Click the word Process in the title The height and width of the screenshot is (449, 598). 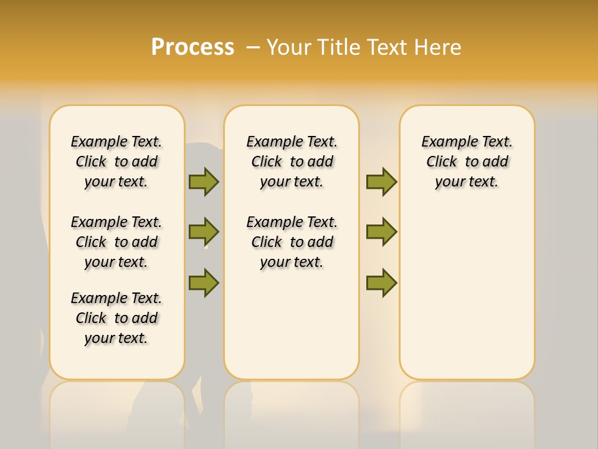click(192, 47)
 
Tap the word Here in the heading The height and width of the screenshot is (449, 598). click(439, 47)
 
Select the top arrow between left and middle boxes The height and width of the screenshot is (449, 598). click(204, 181)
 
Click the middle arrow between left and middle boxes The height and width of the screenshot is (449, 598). click(204, 232)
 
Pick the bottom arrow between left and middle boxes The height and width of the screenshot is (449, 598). click(204, 282)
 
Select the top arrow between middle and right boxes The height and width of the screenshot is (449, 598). click(381, 181)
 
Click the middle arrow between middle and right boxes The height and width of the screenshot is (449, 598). click(381, 232)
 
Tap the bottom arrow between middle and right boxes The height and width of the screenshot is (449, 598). click(381, 282)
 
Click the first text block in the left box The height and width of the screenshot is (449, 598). click(116, 162)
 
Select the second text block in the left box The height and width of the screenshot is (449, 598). click(116, 242)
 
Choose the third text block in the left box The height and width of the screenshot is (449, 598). click(116, 318)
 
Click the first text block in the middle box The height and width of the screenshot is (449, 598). click(292, 162)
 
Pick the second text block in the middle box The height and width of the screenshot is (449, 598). click(292, 242)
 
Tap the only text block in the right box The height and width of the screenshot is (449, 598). click(467, 162)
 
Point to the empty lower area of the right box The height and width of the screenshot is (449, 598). click(467, 293)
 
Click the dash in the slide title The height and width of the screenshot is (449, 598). click(253, 47)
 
